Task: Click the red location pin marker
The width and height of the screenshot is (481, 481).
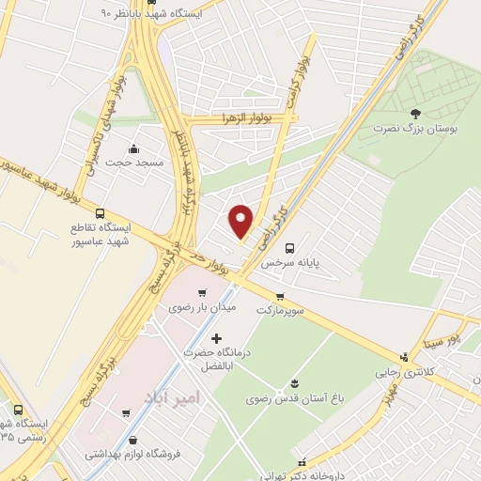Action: point(241,221)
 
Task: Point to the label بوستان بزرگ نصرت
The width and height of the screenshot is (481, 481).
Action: point(415,128)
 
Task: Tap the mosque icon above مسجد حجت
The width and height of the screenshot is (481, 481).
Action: point(133,148)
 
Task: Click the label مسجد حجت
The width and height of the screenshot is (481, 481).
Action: point(135,163)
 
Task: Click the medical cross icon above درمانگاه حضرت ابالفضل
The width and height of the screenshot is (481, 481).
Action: point(217,337)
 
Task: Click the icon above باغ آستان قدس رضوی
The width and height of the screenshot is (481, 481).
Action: point(296,381)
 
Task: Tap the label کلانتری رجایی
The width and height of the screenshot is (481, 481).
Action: point(411,372)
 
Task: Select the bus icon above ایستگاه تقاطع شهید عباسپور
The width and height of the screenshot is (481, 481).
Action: point(100,213)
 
